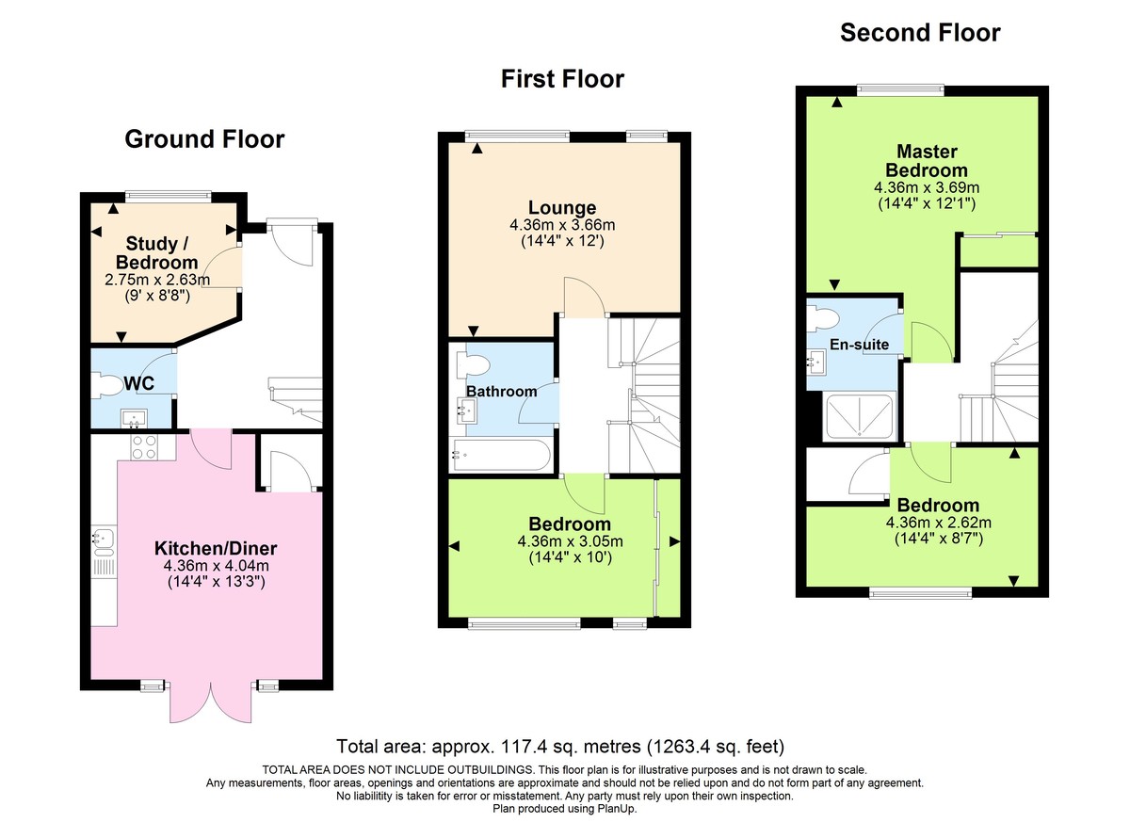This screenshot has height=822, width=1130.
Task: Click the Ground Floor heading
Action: coord(204,140)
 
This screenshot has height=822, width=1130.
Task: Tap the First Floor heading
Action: coord(562,79)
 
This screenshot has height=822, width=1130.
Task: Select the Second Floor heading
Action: coord(920,33)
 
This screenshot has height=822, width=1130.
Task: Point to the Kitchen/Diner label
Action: coord(216,548)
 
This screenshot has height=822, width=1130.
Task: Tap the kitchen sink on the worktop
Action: coord(104,540)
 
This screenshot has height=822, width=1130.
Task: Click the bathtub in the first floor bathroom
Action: coord(499,455)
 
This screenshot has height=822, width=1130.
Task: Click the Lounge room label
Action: coord(562,208)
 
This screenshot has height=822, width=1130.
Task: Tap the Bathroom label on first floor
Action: coord(501,391)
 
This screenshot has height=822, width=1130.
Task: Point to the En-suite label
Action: coord(859,345)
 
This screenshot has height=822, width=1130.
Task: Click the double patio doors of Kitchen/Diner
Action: coord(212,701)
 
